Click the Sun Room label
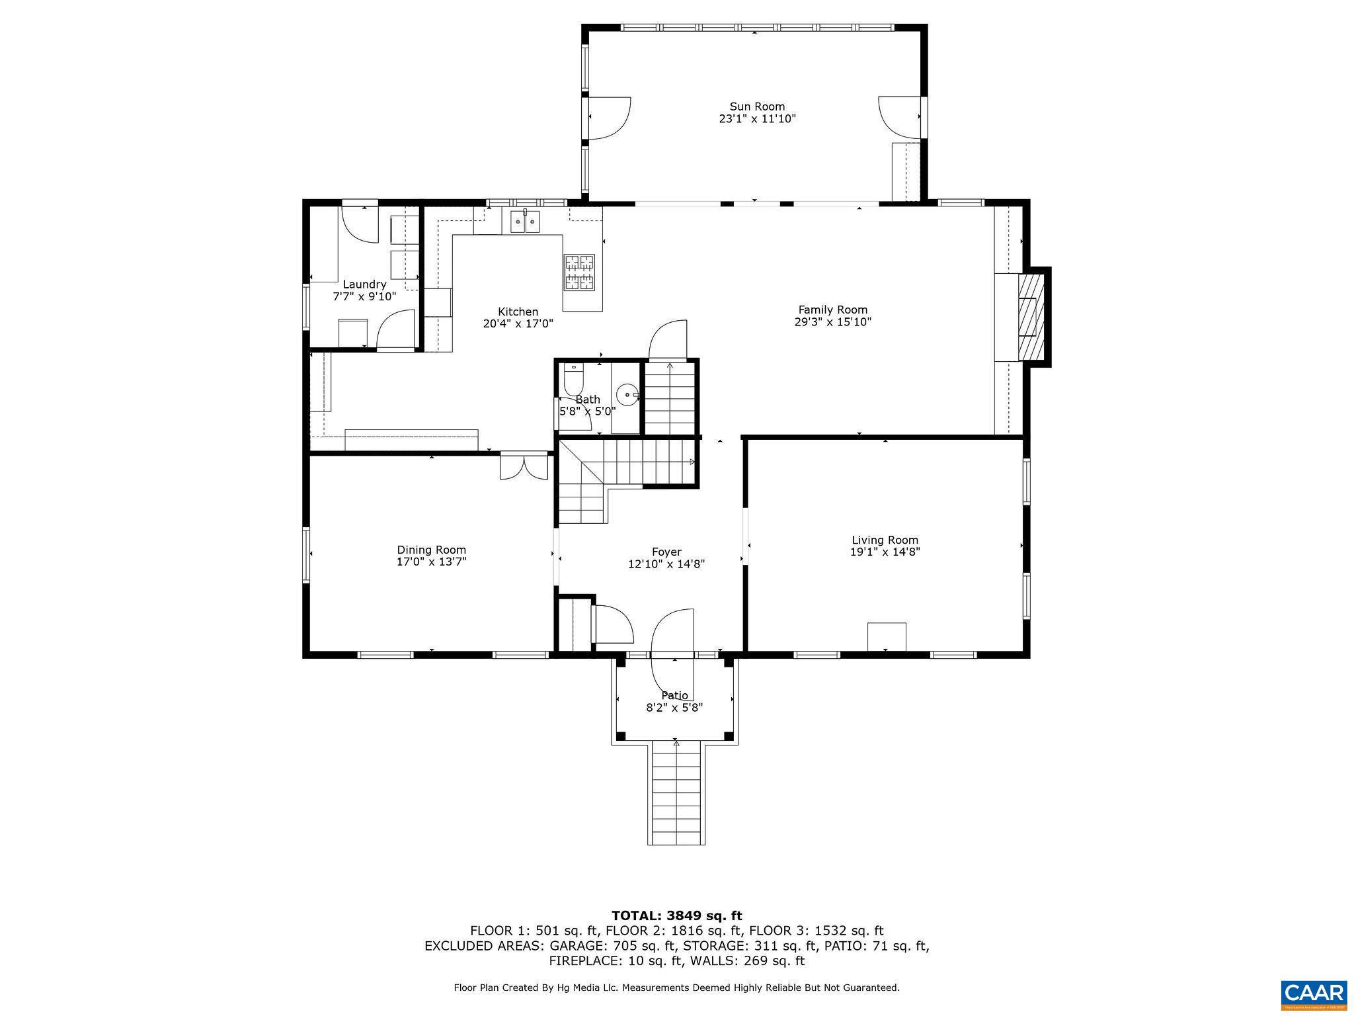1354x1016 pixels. (x=757, y=106)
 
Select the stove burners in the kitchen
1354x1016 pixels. (x=579, y=273)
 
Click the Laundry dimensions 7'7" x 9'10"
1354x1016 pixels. (x=364, y=297)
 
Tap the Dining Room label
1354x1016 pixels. (x=431, y=550)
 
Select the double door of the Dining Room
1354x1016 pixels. (x=524, y=466)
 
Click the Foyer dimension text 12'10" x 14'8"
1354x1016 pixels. (x=666, y=564)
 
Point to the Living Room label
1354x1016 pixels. (x=885, y=540)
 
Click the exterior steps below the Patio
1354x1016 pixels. (x=676, y=794)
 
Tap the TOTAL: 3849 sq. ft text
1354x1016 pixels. (x=676, y=916)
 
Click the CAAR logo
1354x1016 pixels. (x=1313, y=994)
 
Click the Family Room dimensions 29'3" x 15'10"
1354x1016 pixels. (x=833, y=322)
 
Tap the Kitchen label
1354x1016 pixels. (x=518, y=312)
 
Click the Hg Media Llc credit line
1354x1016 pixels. (x=676, y=988)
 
